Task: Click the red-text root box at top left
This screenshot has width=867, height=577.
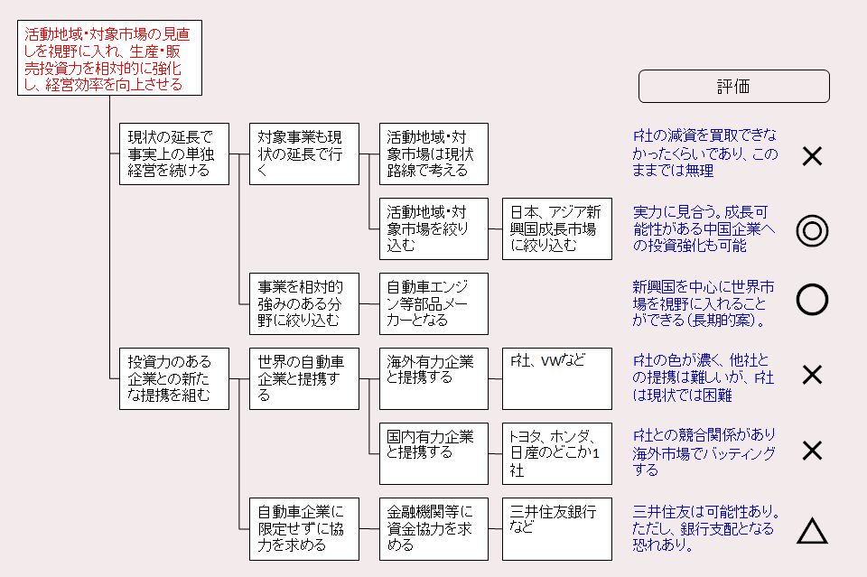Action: click(x=109, y=59)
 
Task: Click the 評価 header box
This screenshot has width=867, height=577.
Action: click(x=733, y=87)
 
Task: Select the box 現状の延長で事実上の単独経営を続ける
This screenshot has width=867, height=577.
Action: click(x=174, y=154)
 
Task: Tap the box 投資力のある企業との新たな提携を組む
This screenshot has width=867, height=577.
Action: click(x=174, y=378)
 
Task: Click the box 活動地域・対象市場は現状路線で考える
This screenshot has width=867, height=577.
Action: click(x=433, y=154)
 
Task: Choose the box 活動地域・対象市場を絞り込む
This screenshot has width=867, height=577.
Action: click(x=433, y=228)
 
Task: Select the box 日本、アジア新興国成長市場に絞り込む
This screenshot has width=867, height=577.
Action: click(x=557, y=228)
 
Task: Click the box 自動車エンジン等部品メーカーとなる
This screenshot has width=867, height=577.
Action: click(x=433, y=303)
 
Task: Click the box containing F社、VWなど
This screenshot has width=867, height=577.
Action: click(x=557, y=378)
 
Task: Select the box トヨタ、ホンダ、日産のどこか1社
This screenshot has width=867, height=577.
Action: click(x=557, y=453)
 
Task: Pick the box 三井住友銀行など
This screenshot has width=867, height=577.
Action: click(x=557, y=528)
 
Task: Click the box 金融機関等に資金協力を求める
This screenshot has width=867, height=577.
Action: click(x=433, y=528)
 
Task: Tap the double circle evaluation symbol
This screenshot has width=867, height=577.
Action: click(x=812, y=231)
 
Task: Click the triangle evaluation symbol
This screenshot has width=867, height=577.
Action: click(x=812, y=532)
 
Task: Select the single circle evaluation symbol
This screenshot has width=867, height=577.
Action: click(x=812, y=299)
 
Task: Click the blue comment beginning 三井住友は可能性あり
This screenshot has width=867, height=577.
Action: click(x=705, y=528)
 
